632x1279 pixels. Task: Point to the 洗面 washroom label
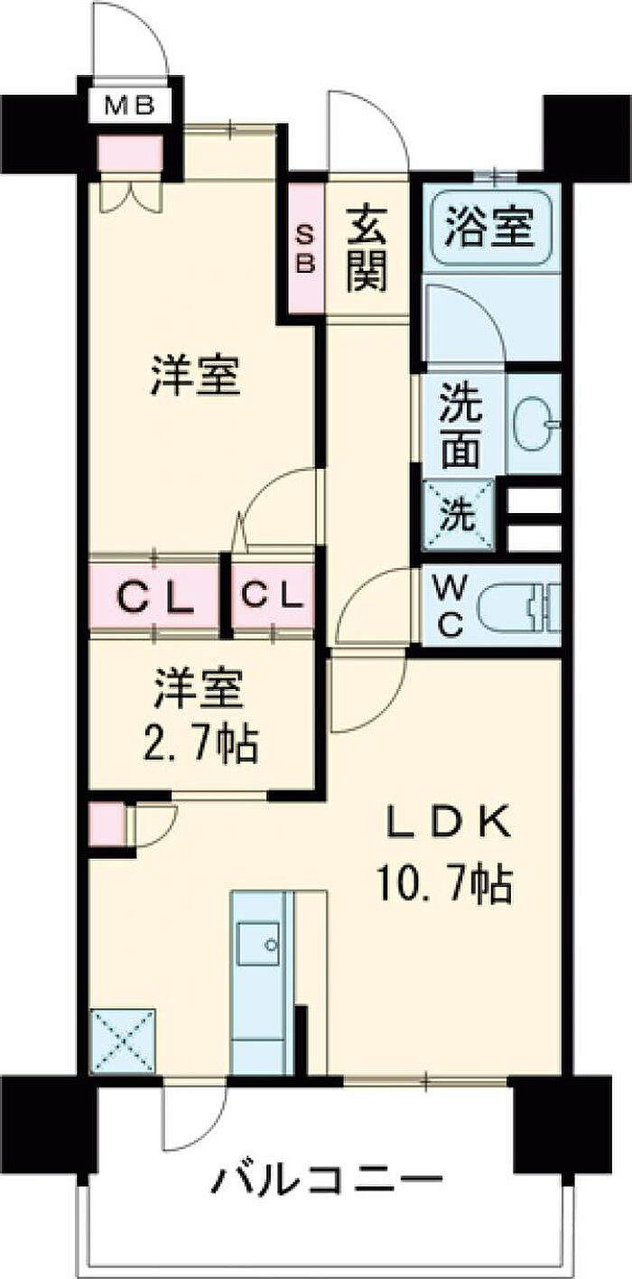[x=460, y=429]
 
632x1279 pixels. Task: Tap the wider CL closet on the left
[x=154, y=597]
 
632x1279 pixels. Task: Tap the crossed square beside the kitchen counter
[x=123, y=1041]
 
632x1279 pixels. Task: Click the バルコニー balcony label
[x=330, y=1179]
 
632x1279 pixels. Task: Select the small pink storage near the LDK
[x=107, y=822]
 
